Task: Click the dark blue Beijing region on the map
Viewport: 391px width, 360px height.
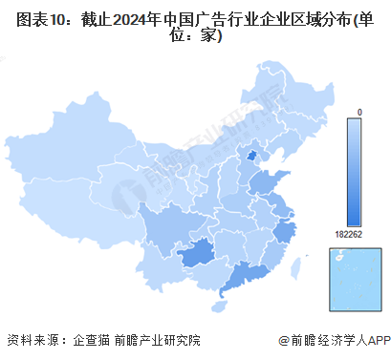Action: click(252, 156)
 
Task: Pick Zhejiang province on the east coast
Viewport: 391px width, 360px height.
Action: click(284, 233)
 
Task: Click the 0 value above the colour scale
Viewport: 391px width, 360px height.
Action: click(359, 113)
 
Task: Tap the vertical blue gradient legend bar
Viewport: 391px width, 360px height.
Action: click(359, 172)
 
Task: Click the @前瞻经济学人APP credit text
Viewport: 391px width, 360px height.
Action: click(330, 340)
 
